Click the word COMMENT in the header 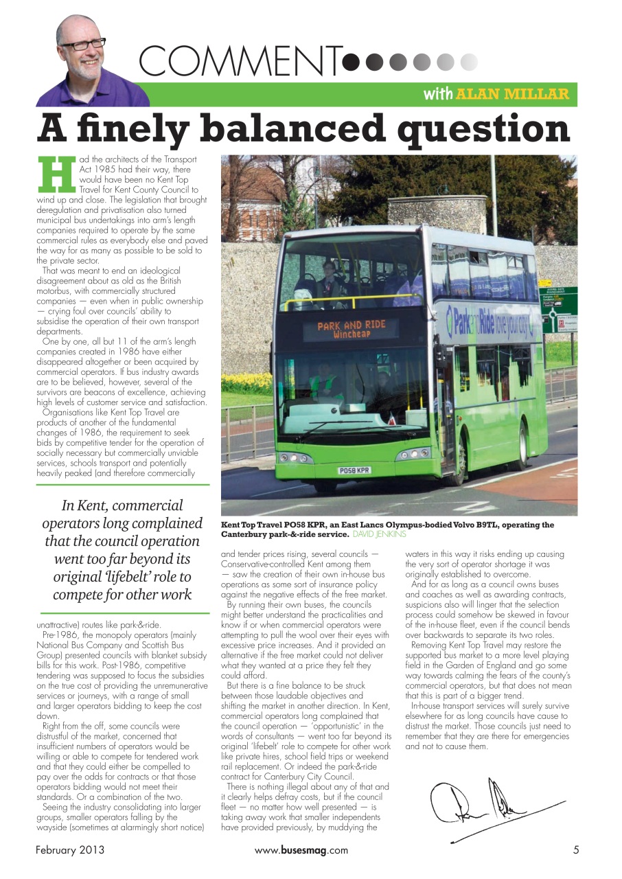tap(240, 61)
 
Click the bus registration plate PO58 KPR tap(354, 470)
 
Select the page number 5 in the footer tap(576, 850)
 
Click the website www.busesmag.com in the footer tap(301, 850)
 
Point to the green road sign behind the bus tap(559, 310)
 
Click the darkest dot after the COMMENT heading tap(351, 62)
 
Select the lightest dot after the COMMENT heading tap(469, 62)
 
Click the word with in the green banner tap(437, 94)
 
